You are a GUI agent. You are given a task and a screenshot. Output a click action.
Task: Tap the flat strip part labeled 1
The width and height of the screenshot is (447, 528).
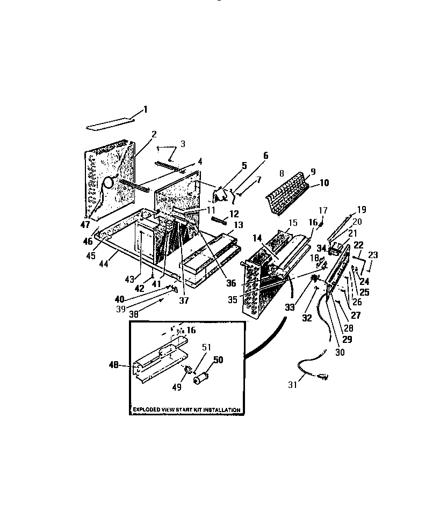click(x=110, y=124)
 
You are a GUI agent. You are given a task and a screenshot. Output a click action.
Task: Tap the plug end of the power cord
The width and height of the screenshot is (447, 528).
click(x=324, y=376)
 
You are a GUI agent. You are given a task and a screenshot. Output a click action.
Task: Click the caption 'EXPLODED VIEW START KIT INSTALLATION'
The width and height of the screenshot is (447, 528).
click(x=186, y=410)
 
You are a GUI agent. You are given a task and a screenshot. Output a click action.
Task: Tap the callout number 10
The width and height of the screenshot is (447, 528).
click(x=324, y=183)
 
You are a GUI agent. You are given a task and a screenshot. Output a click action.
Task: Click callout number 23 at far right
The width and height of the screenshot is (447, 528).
click(x=373, y=255)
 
